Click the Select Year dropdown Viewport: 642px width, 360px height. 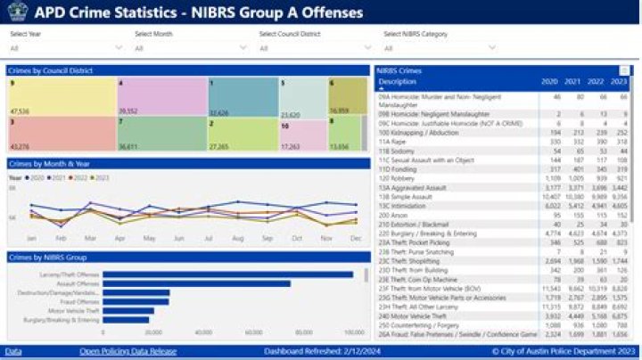click(x=62, y=48)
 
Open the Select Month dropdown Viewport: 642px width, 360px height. click(x=187, y=48)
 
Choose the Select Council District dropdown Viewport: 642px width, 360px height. click(x=312, y=48)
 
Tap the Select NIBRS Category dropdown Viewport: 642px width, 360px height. click(x=437, y=48)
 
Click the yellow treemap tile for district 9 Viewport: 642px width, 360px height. click(x=62, y=97)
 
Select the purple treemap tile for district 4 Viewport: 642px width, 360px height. click(x=161, y=97)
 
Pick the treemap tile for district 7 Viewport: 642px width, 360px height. click(x=161, y=134)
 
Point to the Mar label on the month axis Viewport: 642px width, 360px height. click(x=90, y=239)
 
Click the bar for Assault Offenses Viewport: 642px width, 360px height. click(x=196, y=283)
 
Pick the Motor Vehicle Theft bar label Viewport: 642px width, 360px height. click(x=75, y=310)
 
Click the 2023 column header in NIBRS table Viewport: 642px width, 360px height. click(x=621, y=81)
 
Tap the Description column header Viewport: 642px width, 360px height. click(x=398, y=81)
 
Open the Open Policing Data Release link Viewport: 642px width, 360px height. click(x=128, y=352)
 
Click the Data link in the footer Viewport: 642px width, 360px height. click(x=12, y=352)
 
